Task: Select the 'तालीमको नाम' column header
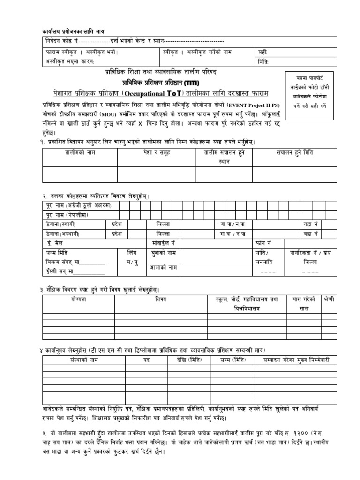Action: tap(79, 153)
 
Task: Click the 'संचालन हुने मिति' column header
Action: tap(292, 153)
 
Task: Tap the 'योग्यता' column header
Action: tap(79, 299)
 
